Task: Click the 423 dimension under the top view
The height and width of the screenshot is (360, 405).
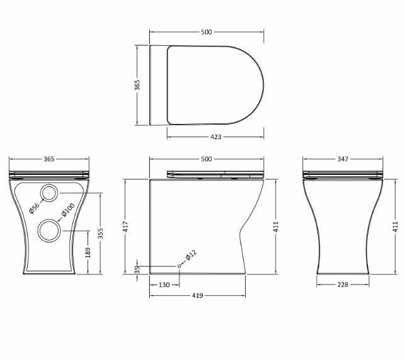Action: click(215, 137)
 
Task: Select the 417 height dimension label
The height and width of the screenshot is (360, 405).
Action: click(125, 225)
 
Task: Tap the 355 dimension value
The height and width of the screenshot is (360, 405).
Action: click(100, 233)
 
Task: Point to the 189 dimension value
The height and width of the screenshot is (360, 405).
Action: click(88, 252)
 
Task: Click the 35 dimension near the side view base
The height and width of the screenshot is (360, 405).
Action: click(137, 269)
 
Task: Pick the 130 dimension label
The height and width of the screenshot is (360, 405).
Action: click(164, 285)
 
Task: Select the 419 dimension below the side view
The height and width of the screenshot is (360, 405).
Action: click(197, 296)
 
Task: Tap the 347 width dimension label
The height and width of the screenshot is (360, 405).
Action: click(343, 159)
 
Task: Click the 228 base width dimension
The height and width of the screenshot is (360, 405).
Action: click(343, 285)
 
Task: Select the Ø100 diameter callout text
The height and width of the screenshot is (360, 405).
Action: click(68, 210)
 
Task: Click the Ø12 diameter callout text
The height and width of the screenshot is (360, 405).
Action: click(191, 256)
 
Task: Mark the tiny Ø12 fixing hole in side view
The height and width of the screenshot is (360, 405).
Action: click(179, 267)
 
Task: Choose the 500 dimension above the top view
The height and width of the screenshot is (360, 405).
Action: click(207, 32)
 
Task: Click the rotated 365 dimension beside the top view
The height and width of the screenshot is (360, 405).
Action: click(137, 85)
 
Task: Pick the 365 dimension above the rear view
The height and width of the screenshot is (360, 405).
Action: click(48, 159)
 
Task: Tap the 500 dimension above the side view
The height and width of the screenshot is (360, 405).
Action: click(207, 159)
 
